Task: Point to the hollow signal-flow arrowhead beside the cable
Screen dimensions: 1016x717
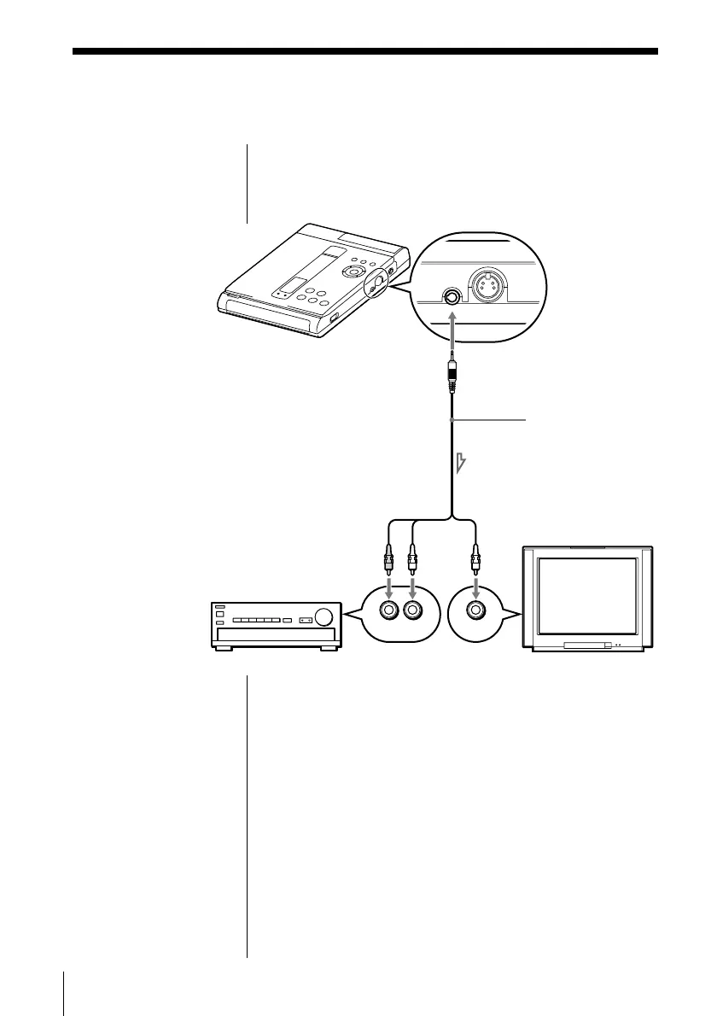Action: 462,464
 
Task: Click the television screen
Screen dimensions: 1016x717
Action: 587,594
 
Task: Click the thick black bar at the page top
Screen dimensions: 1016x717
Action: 365,52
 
